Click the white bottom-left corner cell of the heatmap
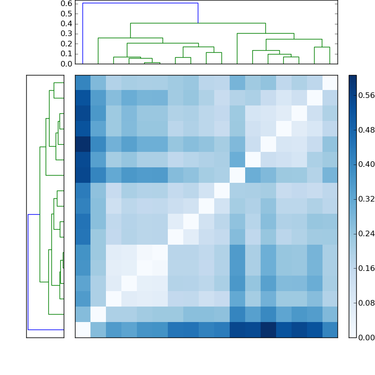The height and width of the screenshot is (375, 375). pyautogui.click(x=82, y=330)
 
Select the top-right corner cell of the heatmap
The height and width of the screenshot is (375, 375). pyautogui.click(x=330, y=82)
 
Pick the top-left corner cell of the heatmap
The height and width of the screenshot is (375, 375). pyautogui.click(x=82, y=82)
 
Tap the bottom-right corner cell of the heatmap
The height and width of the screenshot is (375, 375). pyautogui.click(x=330, y=330)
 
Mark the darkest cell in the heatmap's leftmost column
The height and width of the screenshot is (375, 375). pyautogui.click(x=82, y=144)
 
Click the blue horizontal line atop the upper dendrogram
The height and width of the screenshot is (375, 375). pyautogui.click(x=140, y=3)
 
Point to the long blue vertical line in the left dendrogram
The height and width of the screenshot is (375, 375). pyautogui.click(x=28, y=272)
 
